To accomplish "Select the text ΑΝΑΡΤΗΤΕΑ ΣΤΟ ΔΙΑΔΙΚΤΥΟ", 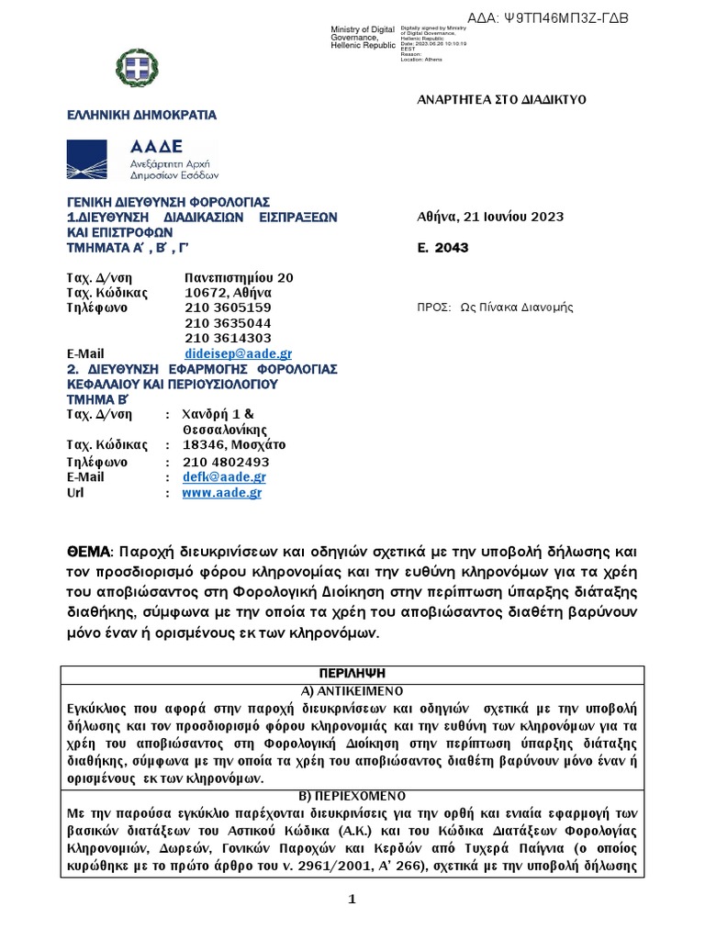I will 501,99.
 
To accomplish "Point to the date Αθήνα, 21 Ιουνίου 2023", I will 490,217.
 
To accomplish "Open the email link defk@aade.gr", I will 225,477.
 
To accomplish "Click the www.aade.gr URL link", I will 222,493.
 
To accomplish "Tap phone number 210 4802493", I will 226,462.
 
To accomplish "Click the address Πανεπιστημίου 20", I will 239,277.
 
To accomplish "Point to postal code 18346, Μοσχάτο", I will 234,446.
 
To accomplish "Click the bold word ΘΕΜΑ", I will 87,552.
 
